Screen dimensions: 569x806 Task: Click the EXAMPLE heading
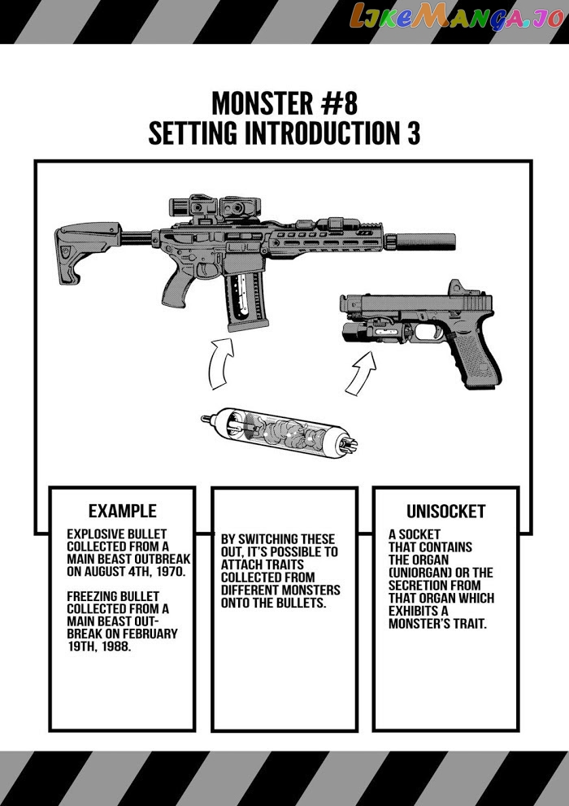pos(122,511)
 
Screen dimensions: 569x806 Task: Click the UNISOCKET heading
pos(445,512)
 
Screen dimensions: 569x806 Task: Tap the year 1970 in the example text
pos(169,572)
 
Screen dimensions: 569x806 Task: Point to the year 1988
pos(115,646)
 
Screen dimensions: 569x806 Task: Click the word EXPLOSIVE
pos(95,534)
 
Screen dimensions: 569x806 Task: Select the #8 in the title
pos(340,103)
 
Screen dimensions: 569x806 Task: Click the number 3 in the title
pos(414,133)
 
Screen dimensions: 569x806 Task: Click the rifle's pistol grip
pos(176,289)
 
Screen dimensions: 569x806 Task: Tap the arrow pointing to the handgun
pos(361,373)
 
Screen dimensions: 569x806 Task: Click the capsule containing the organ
pos(280,432)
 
